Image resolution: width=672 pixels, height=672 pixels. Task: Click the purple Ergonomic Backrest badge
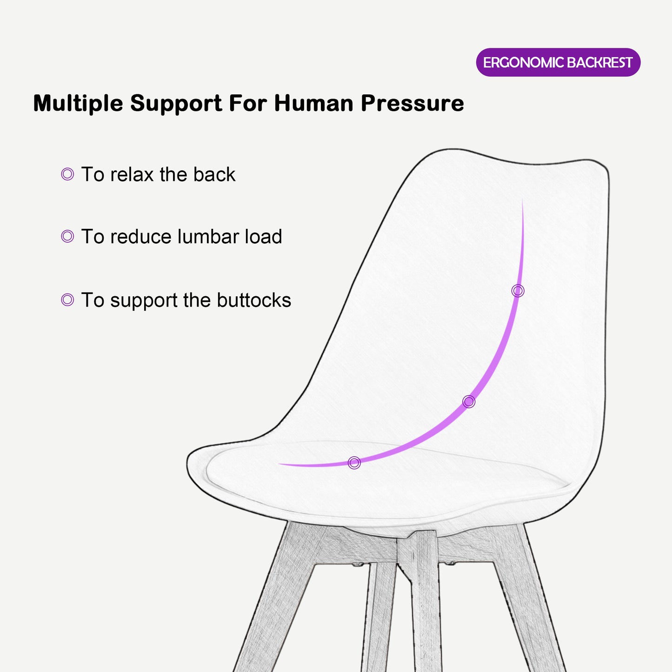coord(558,62)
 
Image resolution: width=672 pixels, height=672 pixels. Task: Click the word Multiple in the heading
coord(78,103)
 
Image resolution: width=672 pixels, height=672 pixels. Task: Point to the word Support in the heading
coord(176,103)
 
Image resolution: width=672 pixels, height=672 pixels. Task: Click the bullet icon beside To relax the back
coord(67,174)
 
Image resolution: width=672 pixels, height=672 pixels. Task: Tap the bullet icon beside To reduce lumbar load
coord(67,236)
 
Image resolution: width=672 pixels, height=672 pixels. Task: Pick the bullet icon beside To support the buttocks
coord(67,300)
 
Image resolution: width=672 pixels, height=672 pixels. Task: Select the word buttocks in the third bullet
coord(253,300)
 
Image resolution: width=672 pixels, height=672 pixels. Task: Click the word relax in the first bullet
coord(132,175)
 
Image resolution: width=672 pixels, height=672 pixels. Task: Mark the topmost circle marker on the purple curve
coord(518,291)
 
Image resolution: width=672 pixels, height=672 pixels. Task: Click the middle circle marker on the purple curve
coord(469,401)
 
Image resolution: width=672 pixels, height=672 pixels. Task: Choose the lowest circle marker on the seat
coord(354,463)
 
